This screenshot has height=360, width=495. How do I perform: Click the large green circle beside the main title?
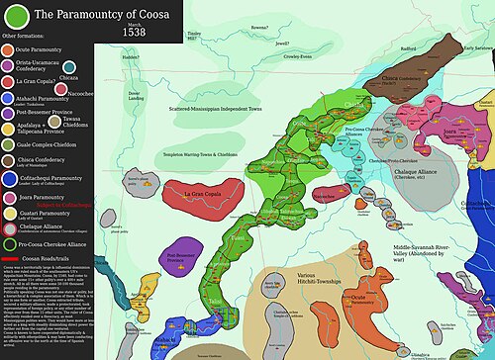(17, 17)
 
